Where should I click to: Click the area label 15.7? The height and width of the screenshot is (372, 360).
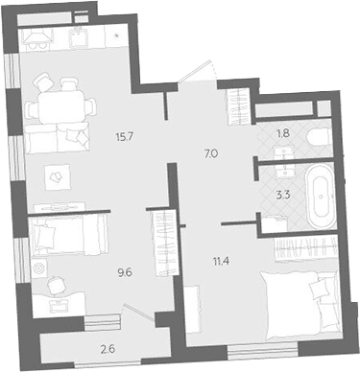click(125, 138)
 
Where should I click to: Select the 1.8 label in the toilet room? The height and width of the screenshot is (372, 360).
click(283, 133)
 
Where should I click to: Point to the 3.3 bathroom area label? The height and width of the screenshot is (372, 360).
click(283, 195)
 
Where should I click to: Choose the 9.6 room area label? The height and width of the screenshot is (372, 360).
click(125, 273)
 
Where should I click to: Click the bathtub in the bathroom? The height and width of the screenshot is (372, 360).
click(320, 198)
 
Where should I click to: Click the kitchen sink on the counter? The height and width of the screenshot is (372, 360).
click(77, 37)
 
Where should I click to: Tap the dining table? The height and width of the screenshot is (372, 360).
click(62, 106)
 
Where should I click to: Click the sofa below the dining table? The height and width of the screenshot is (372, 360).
click(58, 138)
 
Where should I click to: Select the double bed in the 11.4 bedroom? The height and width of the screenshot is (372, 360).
click(300, 306)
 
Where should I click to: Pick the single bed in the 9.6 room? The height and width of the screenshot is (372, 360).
click(68, 235)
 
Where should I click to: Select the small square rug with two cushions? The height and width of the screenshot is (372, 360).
click(58, 176)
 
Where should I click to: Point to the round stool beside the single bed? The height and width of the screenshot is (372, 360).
click(39, 268)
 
